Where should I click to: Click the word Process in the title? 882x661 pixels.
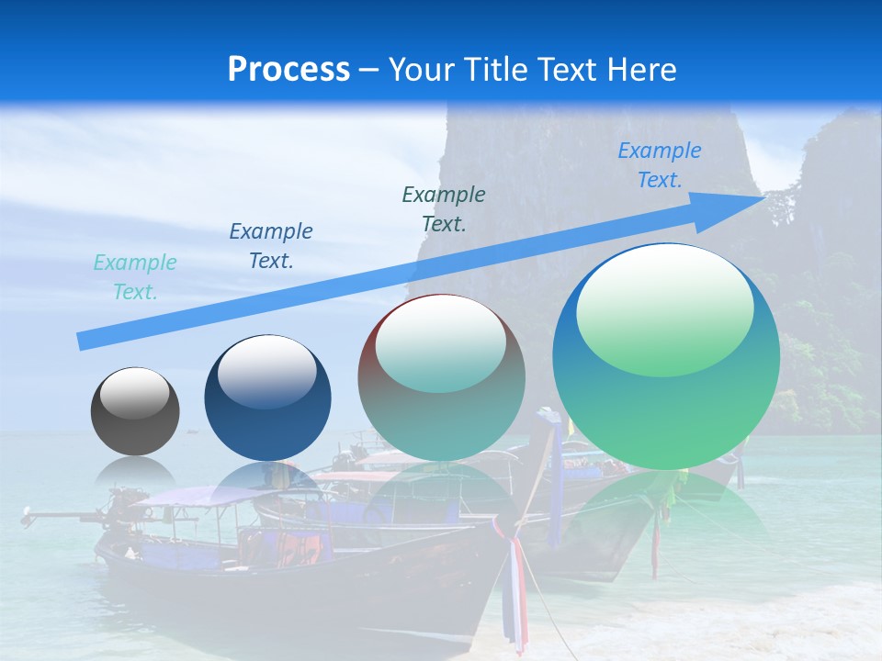[x=288, y=70]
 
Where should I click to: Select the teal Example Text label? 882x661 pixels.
[x=135, y=277]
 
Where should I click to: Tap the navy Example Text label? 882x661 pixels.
[x=271, y=246]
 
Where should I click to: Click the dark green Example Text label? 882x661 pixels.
[x=444, y=209]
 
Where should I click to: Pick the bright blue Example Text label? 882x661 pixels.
[x=659, y=165]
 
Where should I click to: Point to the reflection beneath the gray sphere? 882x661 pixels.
[x=135, y=473]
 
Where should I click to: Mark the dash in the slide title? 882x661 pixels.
[x=368, y=70]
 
